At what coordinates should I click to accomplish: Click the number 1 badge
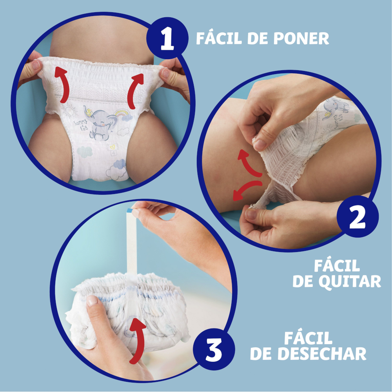(x=167, y=38)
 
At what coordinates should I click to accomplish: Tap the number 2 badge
(x=358, y=216)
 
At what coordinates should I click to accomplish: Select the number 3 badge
(x=214, y=350)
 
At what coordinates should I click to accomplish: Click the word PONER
(x=301, y=38)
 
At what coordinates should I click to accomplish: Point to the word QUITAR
(x=350, y=282)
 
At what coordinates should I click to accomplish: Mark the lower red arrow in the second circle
(x=246, y=190)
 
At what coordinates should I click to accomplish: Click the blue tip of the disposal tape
(x=129, y=210)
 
